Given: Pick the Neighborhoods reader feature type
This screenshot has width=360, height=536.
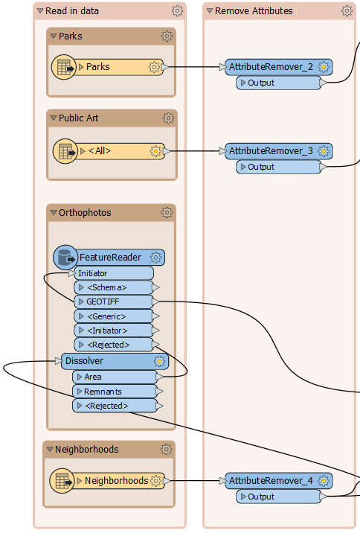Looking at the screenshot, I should (116, 481).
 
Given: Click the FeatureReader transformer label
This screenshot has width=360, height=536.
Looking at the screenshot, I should (110, 258).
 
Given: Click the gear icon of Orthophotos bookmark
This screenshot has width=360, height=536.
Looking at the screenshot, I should (167, 212).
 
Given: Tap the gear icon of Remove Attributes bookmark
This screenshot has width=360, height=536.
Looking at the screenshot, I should (347, 11).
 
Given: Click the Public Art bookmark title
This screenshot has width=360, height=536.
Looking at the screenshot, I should (78, 118).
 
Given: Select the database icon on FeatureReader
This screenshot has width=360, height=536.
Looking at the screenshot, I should (65, 258).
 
